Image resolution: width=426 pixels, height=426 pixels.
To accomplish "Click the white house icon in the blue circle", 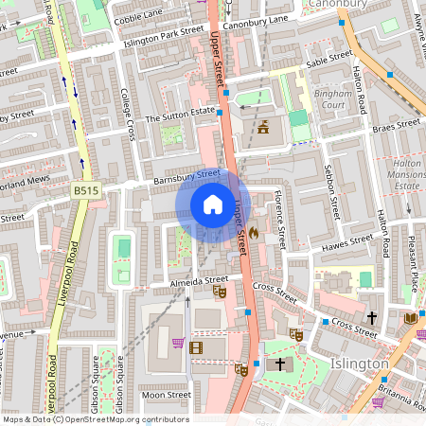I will (213, 204).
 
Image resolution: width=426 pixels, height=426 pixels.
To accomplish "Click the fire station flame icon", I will (255, 231).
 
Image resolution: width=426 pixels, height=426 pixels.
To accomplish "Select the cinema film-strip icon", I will (196, 347).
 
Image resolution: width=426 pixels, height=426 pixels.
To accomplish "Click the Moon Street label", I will (165, 396).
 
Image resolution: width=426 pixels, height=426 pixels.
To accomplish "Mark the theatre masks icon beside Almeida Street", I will (220, 293).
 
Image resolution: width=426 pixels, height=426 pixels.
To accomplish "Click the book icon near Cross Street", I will (410, 317).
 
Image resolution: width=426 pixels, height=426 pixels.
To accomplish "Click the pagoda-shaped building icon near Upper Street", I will (262, 128).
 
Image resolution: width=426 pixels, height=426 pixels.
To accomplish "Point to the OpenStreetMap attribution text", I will (95, 418).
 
